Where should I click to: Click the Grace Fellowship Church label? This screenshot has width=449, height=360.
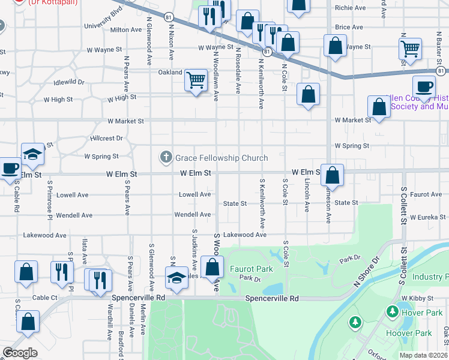pos(221,158)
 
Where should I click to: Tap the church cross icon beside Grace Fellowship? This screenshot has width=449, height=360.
pos(166,157)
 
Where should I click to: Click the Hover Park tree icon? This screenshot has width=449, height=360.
pos(392,311)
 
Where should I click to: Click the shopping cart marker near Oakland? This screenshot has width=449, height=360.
pos(196,79)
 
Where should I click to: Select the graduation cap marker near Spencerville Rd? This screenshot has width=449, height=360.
pos(176,278)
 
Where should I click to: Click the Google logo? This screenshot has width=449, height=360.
pos(20,353)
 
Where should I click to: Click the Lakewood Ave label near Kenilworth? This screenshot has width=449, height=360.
pos(244,235)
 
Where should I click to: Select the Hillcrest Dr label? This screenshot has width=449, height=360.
pos(107,138)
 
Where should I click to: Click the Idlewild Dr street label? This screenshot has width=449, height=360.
pos(69,82)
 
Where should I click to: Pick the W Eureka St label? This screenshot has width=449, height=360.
pos(427,217)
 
